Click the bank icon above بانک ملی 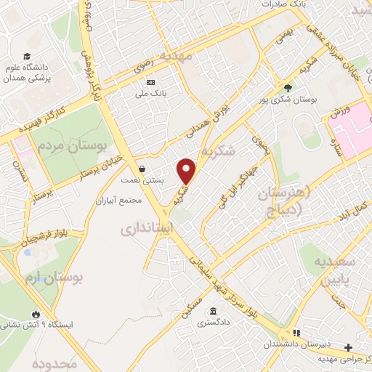tap(151, 82)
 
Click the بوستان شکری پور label tap(288, 100)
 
